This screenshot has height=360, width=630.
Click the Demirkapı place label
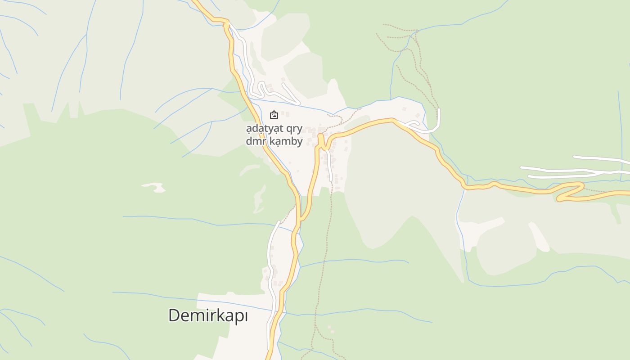208,315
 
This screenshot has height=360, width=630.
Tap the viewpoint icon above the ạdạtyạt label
274,115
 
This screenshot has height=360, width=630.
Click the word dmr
255,141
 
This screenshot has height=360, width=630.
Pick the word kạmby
286,141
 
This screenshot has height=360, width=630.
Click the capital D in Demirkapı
174,315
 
